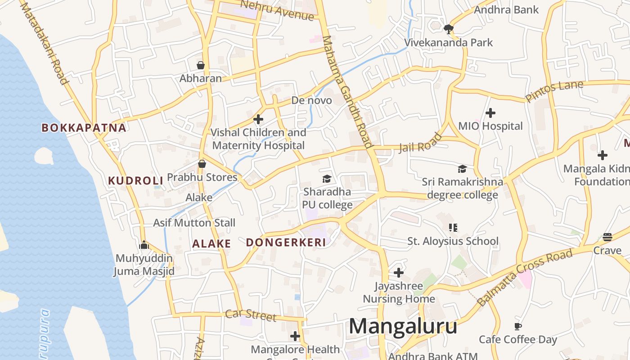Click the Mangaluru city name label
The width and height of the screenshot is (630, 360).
pyautogui.click(x=403, y=326)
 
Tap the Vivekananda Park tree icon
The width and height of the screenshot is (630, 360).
pyautogui.click(x=448, y=29)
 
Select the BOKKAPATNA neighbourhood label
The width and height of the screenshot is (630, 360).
pyautogui.click(x=84, y=128)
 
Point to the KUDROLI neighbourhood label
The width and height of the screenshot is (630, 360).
pyautogui.click(x=135, y=181)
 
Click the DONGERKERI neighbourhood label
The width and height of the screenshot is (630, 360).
pyautogui.click(x=286, y=243)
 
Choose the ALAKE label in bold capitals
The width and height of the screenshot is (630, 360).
pyautogui.click(x=211, y=244)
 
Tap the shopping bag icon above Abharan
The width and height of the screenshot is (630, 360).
pyautogui.click(x=201, y=65)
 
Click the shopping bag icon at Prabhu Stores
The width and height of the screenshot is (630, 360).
pyautogui.click(x=202, y=164)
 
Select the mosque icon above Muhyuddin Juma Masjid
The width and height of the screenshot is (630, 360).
pyautogui.click(x=144, y=245)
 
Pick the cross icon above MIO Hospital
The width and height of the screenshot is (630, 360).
pyautogui.click(x=490, y=112)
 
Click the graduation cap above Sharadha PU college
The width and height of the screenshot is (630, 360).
pyautogui.click(x=327, y=179)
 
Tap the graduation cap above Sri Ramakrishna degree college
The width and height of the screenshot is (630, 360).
pyautogui.click(x=462, y=169)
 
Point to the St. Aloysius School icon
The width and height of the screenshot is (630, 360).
pyautogui.click(x=453, y=228)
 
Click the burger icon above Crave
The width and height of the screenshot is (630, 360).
pyautogui.click(x=607, y=237)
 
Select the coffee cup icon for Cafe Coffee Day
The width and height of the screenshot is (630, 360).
pyautogui.click(x=518, y=326)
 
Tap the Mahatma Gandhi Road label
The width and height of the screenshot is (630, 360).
pyautogui.click(x=348, y=92)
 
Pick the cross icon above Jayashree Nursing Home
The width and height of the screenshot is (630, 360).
pyautogui.click(x=399, y=273)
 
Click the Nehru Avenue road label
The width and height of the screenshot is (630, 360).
pyautogui.click(x=277, y=10)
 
